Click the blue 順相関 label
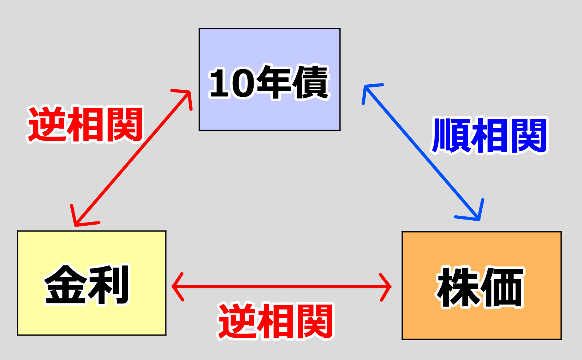pyautogui.click(x=489, y=136)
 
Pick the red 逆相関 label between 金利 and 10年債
pyautogui.click(x=86, y=125)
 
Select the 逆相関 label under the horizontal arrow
pyautogui.click(x=276, y=321)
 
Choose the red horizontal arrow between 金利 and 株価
pyautogui.click(x=281, y=287)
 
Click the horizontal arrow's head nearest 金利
pyautogui.click(x=176, y=287)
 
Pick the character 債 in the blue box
pyautogui.click(x=310, y=82)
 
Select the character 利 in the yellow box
pyautogui.click(x=108, y=284)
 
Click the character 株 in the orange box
pyautogui.click(x=458, y=287)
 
